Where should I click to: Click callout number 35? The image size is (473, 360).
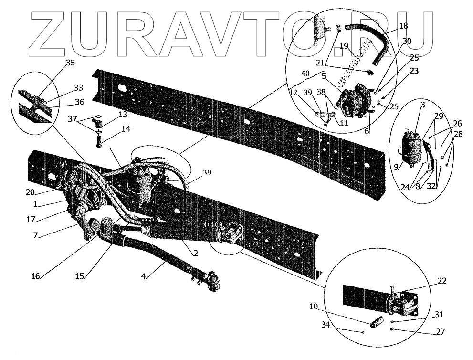coord(70,63)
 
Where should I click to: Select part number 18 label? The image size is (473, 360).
coord(403,25)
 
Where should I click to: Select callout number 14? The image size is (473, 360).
coord(126,129)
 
